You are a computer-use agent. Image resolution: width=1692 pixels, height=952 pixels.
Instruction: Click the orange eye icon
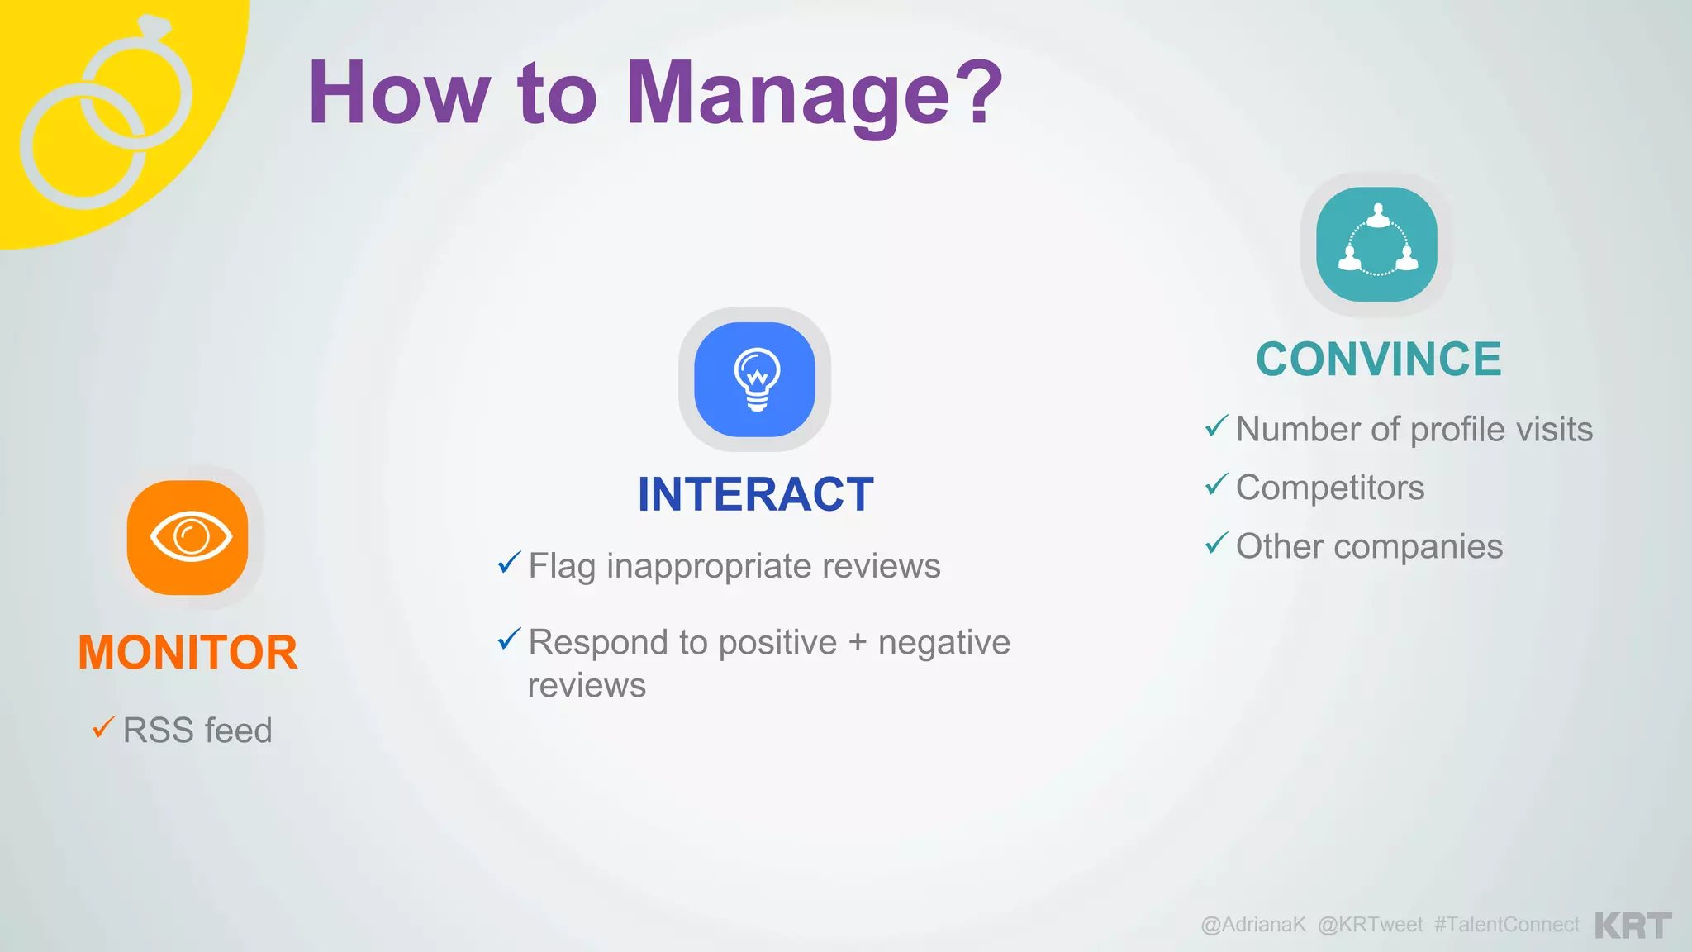point(188,537)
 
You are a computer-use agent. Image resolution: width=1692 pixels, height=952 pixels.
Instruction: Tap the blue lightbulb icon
point(755,379)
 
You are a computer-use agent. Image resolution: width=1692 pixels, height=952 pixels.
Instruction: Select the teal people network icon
point(1377,245)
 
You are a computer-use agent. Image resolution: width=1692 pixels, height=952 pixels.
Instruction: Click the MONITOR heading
point(188,652)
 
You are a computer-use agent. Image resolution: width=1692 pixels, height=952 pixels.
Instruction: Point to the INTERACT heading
point(755,494)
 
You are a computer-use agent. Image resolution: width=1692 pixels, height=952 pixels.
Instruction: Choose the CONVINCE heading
point(1378,359)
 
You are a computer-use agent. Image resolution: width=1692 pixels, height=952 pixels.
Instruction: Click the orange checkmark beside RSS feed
point(103,727)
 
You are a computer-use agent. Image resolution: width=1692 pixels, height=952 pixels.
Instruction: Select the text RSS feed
point(197,731)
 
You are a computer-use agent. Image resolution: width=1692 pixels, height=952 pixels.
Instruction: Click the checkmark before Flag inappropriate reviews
point(509,563)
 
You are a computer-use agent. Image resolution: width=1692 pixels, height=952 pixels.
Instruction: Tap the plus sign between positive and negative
point(858,643)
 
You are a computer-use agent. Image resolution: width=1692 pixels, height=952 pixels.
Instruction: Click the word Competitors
point(1330,488)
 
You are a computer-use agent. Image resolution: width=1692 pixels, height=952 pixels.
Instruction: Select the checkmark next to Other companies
point(1216,543)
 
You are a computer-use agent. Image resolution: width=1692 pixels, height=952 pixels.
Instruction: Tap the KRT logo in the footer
point(1633,925)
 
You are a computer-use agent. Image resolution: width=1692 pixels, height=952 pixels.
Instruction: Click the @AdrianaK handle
point(1253,925)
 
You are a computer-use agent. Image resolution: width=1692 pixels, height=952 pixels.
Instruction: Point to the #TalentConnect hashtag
point(1506,925)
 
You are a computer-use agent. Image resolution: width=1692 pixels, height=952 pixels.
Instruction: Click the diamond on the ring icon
point(154,26)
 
